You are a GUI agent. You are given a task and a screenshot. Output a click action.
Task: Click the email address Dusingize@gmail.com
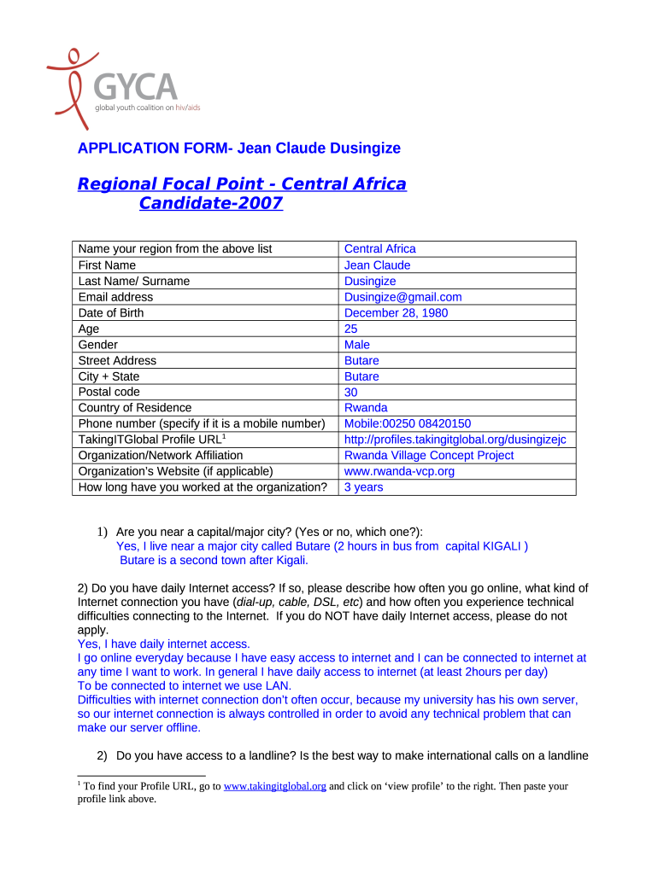[402, 297]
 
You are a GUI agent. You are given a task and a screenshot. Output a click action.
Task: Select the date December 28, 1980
[396, 313]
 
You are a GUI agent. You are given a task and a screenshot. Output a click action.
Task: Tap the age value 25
[351, 329]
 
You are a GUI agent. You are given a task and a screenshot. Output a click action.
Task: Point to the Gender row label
[98, 345]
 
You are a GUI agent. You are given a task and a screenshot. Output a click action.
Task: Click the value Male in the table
[357, 345]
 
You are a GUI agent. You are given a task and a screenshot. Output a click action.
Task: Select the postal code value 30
[351, 392]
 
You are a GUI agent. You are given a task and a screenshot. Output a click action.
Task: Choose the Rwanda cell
[366, 408]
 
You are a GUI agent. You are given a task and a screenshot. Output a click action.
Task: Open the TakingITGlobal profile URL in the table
[455, 440]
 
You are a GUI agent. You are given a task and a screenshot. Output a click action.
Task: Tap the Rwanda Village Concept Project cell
[429, 456]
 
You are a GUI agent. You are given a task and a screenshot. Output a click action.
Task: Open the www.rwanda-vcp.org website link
[399, 471]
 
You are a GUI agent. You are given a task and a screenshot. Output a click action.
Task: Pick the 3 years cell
[363, 487]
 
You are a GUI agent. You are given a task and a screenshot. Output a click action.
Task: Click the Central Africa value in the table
[379, 248]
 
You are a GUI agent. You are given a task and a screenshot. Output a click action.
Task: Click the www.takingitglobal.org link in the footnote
[274, 787]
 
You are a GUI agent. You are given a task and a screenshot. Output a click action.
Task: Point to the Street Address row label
[118, 360]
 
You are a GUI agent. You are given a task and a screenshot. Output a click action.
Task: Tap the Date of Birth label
[111, 313]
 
